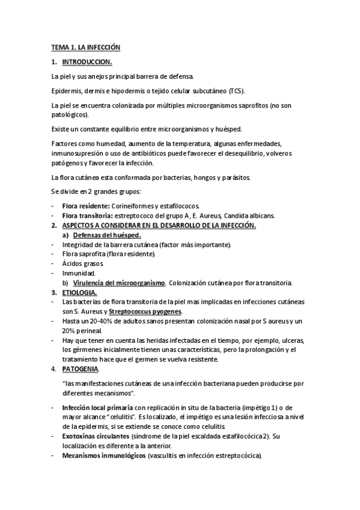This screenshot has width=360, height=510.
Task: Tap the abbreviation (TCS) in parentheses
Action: click(x=236, y=91)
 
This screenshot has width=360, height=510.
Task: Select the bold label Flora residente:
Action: click(x=85, y=206)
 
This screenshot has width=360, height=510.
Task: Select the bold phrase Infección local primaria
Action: click(x=97, y=407)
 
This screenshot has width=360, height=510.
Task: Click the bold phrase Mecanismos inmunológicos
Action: click(x=104, y=455)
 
